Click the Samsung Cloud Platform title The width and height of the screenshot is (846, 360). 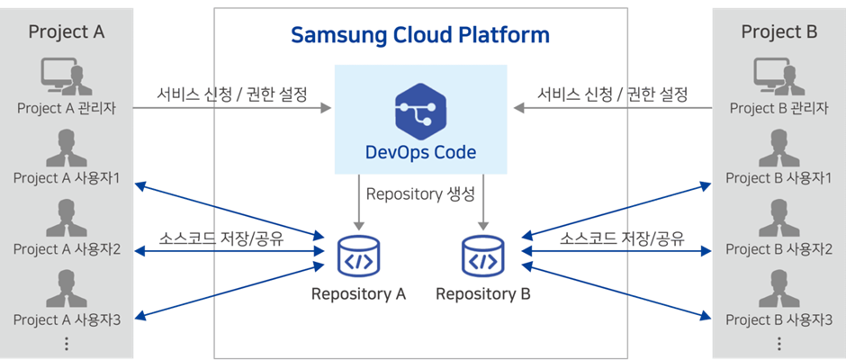pos(420,35)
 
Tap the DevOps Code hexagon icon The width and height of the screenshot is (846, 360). pos(420,112)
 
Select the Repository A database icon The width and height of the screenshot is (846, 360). pos(358,256)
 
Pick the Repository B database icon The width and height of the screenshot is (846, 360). pos(483,256)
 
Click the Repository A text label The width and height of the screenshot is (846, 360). pos(358,294)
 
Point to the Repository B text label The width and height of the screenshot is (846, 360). pos(483,294)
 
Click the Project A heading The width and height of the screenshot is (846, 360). pos(67,31)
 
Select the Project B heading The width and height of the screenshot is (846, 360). pos(779,31)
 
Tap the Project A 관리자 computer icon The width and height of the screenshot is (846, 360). pos(67,76)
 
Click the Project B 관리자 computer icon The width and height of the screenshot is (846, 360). pos(779,76)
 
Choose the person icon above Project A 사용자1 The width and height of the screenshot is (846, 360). pos(67,148)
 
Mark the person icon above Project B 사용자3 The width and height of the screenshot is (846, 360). pos(779,289)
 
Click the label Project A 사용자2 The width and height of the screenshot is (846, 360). pos(67,249)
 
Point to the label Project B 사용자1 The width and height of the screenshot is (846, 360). pos(778,178)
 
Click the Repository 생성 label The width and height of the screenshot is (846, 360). pos(420,194)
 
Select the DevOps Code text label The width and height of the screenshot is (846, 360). pos(421,152)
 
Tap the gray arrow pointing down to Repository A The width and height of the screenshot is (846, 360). pos(358,202)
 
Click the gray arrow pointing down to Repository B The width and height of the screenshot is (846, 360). pos(483,202)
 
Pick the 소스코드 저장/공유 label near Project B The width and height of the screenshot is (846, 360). pos(622,238)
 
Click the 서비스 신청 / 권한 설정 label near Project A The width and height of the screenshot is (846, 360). pos(232,94)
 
